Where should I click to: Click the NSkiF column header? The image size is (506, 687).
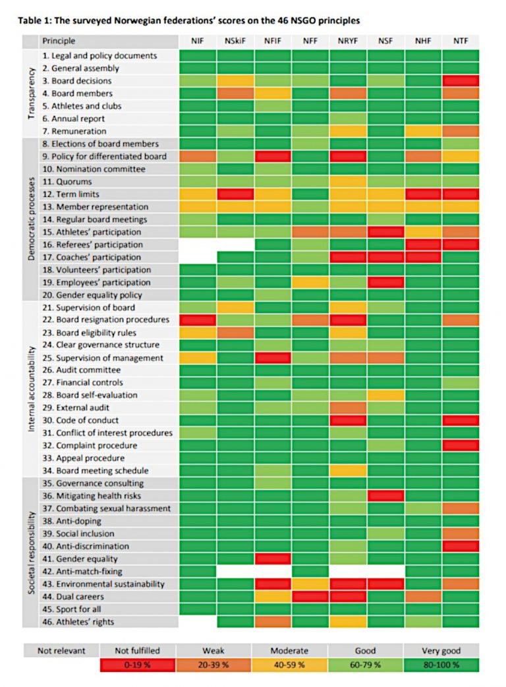click(235, 41)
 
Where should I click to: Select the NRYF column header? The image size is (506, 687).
click(348, 41)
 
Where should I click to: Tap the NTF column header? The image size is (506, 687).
click(461, 41)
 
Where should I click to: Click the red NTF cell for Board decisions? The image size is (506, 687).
click(461, 80)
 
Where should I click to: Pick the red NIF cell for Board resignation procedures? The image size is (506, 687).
click(198, 319)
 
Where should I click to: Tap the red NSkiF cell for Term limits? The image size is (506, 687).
click(235, 194)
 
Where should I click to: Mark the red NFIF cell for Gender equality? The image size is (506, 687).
click(273, 559)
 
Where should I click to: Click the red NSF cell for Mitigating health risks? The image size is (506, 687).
click(385, 496)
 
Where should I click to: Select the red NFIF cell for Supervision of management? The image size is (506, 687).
click(273, 358)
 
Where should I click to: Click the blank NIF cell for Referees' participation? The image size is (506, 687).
click(198, 244)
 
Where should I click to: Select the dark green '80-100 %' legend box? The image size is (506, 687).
click(441, 665)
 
